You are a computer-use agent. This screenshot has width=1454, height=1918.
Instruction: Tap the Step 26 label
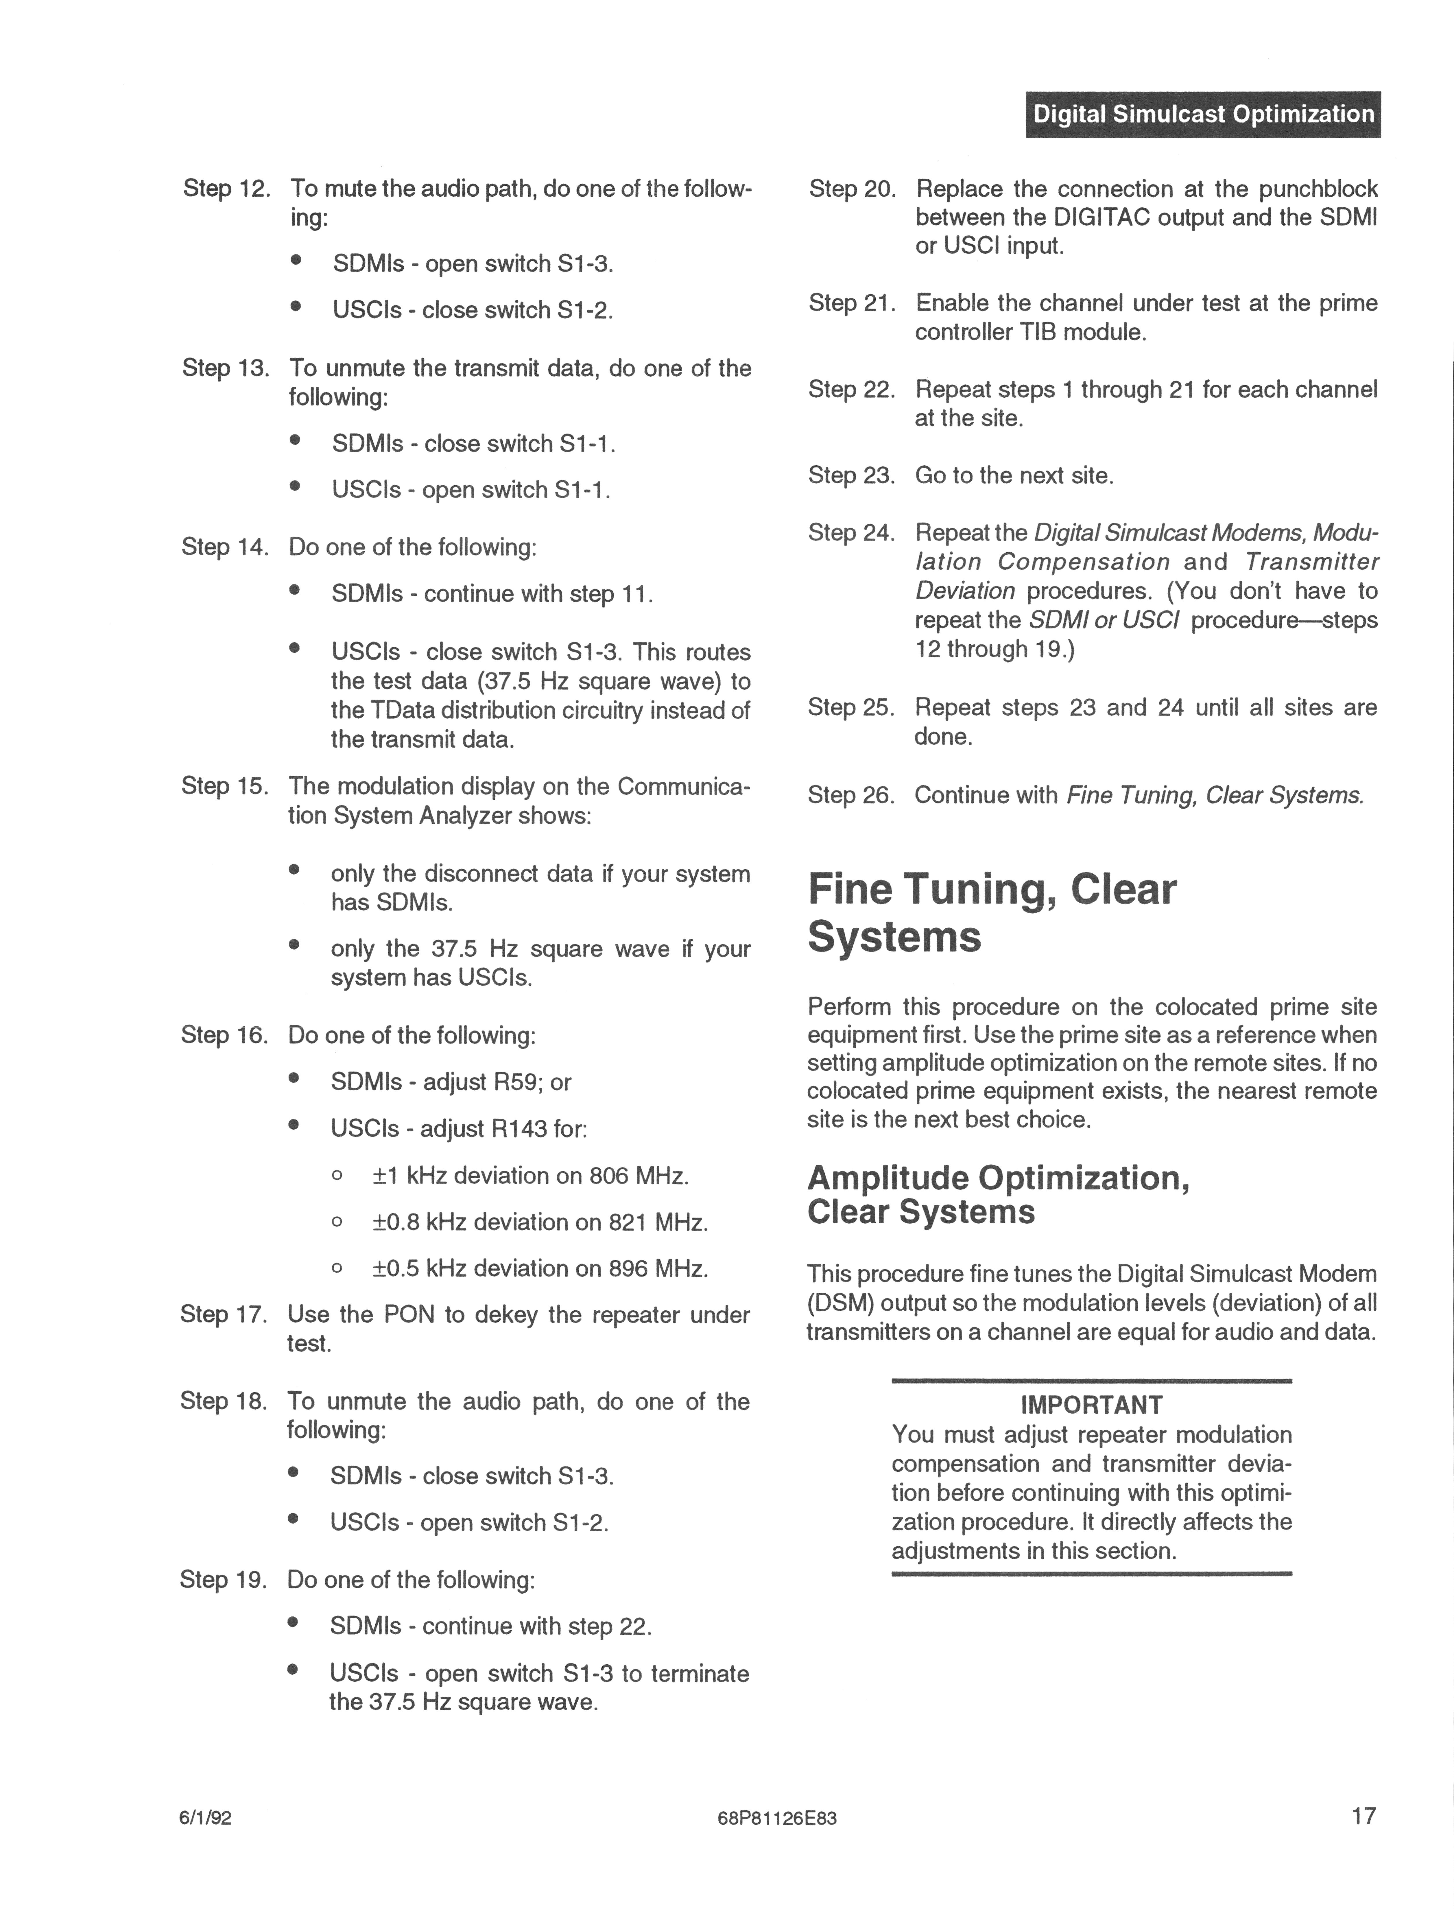(850, 795)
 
